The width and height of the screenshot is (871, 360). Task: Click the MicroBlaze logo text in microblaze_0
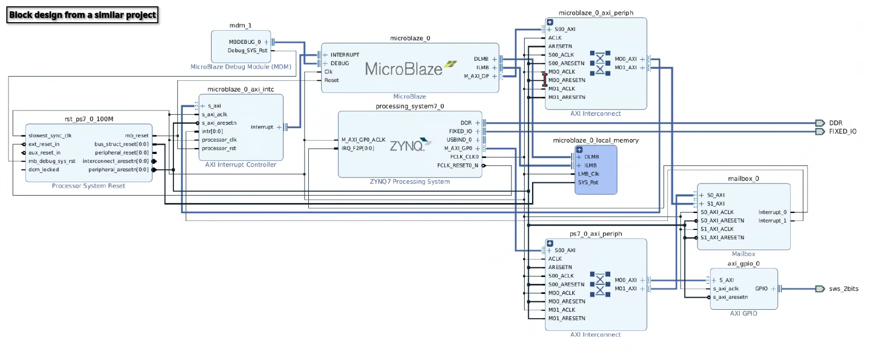coord(404,69)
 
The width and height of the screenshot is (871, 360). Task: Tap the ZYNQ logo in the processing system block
coord(407,146)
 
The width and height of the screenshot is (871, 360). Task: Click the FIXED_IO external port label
coord(842,132)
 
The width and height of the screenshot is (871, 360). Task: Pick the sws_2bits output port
coord(843,289)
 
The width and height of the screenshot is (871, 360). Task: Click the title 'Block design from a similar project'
coord(82,15)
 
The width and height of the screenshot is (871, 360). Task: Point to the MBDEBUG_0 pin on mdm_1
coord(245,42)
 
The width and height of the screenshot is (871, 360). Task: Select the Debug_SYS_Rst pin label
coord(247,51)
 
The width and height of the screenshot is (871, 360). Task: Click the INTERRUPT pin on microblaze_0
coord(344,55)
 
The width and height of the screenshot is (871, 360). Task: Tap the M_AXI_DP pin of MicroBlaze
coord(476,76)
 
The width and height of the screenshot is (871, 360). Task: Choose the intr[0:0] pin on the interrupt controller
coord(212,132)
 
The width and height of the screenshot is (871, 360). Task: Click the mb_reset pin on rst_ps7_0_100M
coord(136,136)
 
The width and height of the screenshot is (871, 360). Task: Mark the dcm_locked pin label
coord(43,170)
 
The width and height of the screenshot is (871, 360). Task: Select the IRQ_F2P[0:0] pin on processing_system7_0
coord(357,149)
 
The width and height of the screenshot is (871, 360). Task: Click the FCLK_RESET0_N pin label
coord(457,165)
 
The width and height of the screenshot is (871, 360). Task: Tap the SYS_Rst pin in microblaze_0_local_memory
coord(588,182)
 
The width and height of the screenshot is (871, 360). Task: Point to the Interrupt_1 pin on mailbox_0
coord(772,221)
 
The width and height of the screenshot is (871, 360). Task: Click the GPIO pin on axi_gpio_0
coord(761,289)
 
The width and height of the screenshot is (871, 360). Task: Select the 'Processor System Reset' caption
coord(88,186)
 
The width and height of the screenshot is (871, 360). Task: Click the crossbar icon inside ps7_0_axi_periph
coord(600,284)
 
